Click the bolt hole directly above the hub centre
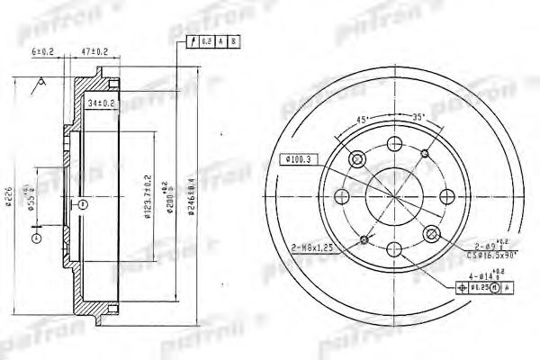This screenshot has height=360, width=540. coord(395,143)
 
